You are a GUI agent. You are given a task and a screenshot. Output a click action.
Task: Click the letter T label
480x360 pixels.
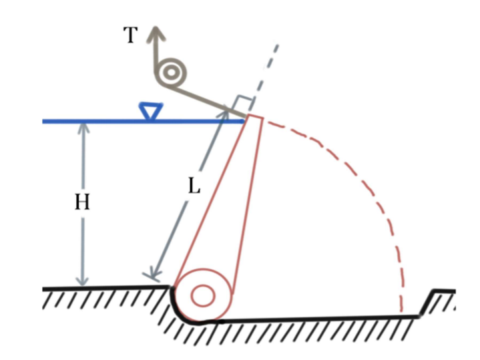tap(131, 35)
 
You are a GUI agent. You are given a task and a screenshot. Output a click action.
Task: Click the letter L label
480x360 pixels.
tap(194, 186)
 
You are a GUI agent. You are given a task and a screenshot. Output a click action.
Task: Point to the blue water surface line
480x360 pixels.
tap(100, 122)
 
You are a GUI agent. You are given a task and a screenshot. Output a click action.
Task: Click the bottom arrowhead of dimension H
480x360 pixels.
tap(83, 281)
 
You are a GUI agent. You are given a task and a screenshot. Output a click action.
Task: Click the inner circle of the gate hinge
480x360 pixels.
tap(203, 295)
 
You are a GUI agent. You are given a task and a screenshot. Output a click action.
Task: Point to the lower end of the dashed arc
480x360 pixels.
tap(401, 309)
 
